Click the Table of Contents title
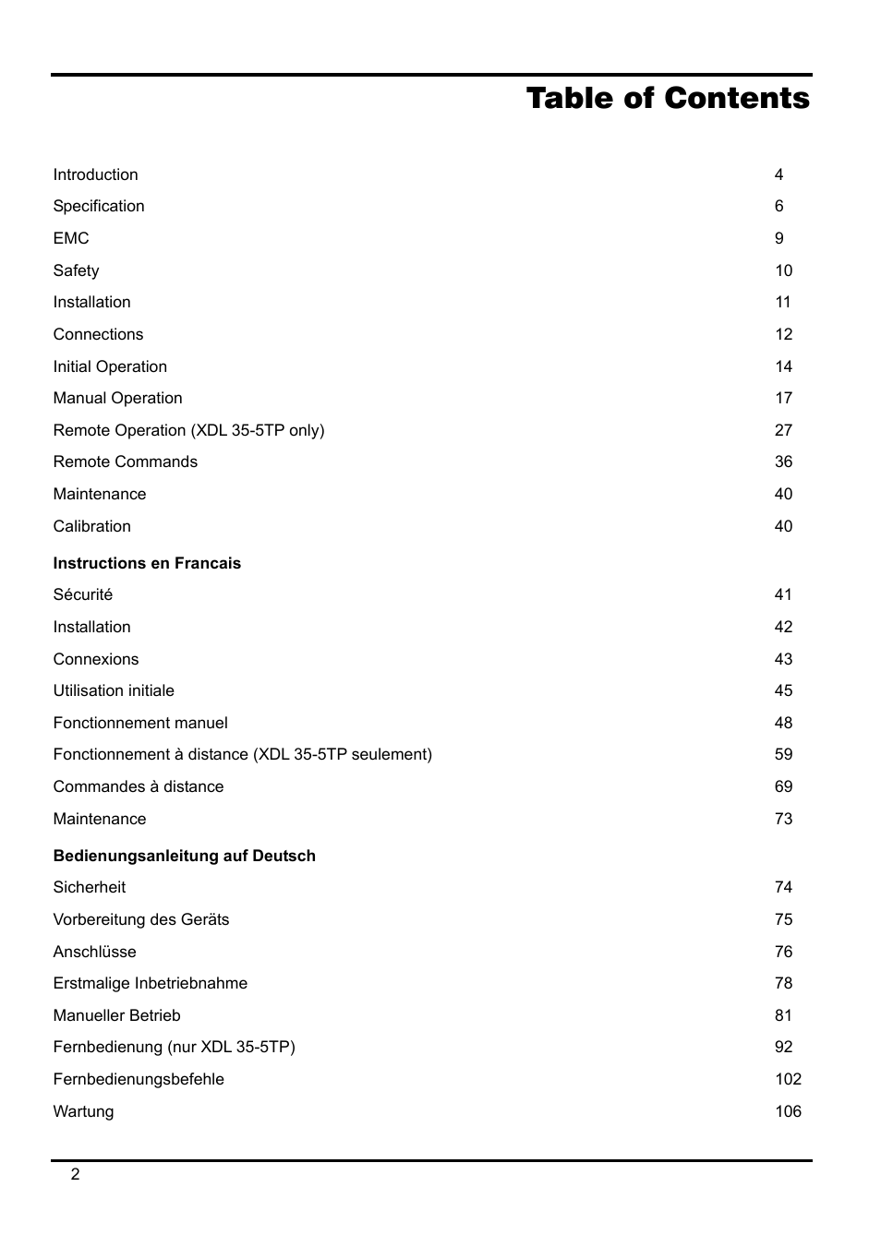click(x=668, y=99)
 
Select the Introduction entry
click(x=95, y=174)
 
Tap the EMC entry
click(x=71, y=238)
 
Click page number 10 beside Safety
click(x=783, y=270)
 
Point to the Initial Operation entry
click(x=110, y=366)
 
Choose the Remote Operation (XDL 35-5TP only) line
click(x=188, y=430)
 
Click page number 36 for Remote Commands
click(x=783, y=462)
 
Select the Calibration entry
click(x=91, y=526)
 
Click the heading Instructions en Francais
click(x=147, y=563)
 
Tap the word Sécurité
click(x=82, y=594)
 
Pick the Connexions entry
click(x=95, y=659)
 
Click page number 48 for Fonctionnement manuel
click(x=783, y=723)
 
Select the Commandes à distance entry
click(x=138, y=786)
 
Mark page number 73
click(x=783, y=819)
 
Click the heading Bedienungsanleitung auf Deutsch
click(x=184, y=856)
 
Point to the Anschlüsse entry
click(x=94, y=952)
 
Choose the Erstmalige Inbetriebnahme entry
click(x=150, y=983)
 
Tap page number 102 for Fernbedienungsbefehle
click(x=788, y=1079)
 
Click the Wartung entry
click(x=83, y=1111)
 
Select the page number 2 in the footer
click(x=76, y=1174)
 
